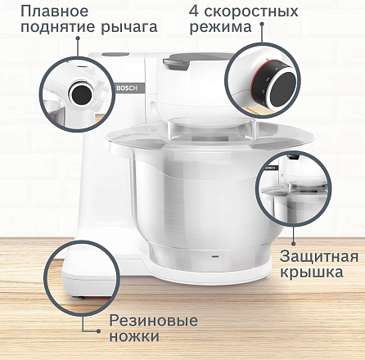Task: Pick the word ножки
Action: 135,335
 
